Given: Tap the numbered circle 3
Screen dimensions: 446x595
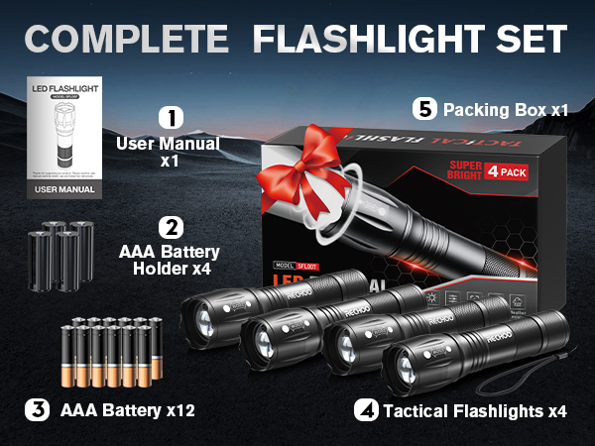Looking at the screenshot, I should pos(37,407).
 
